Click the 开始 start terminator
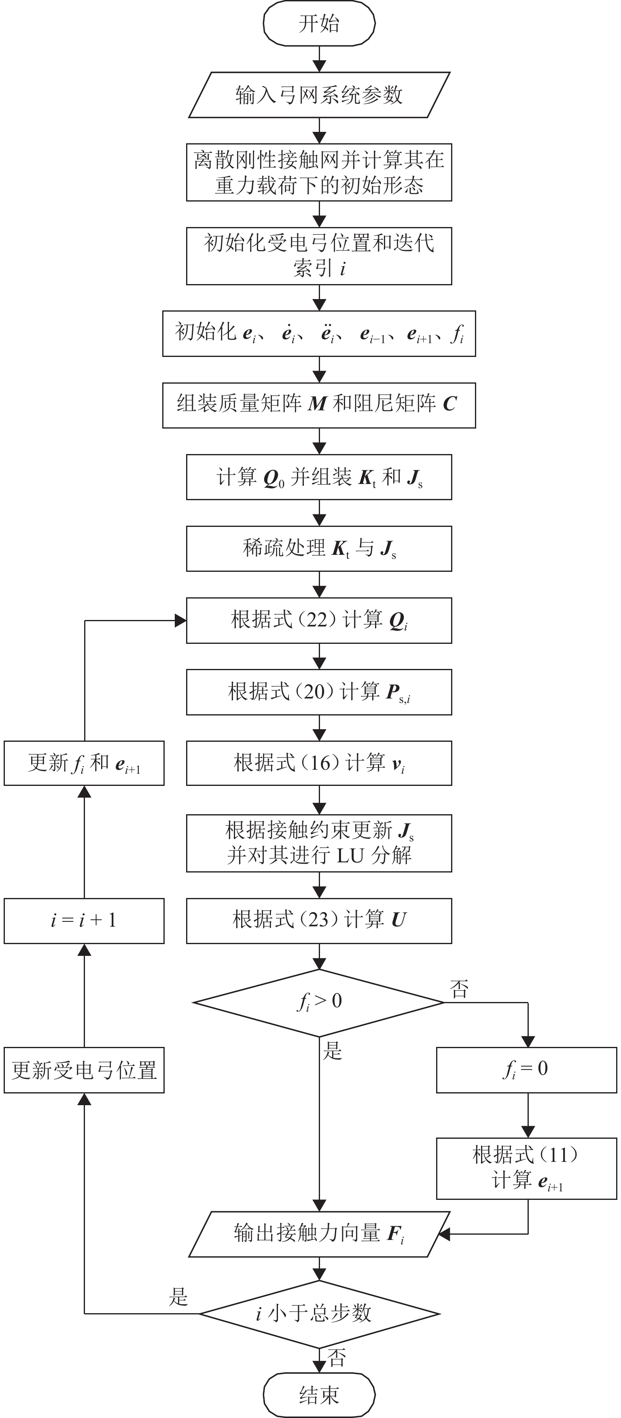[x=319, y=23]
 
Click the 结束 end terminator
[x=319, y=1395]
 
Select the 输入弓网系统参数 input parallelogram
[x=319, y=95]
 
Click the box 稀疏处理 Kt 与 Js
[x=319, y=549]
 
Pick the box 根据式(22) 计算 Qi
[x=319, y=620]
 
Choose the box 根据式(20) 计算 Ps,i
[x=319, y=692]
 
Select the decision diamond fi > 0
[x=319, y=1002]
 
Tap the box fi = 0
[x=526, y=1070]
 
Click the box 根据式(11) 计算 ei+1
[x=526, y=1168]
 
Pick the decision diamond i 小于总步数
[x=319, y=1314]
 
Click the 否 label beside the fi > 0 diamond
[x=459, y=989]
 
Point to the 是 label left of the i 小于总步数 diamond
[x=178, y=1297]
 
